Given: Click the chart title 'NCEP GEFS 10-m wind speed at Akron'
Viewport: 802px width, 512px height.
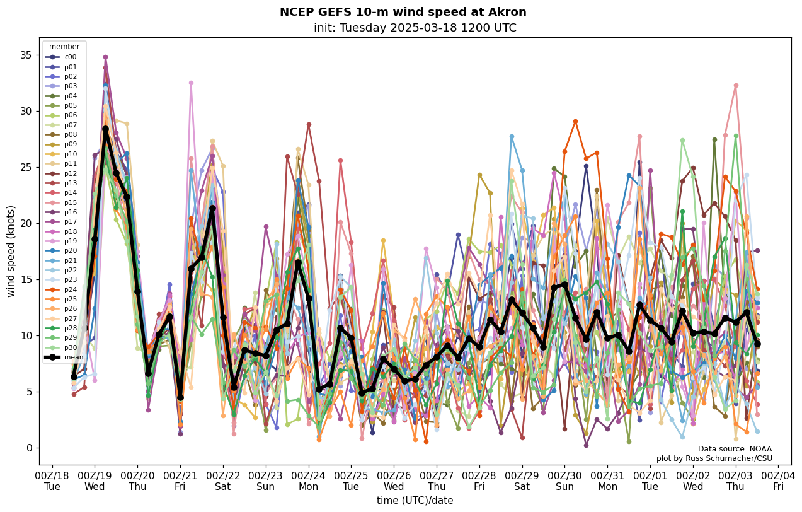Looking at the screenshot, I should [403, 12].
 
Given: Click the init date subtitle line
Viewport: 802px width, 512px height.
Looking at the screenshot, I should [415, 28].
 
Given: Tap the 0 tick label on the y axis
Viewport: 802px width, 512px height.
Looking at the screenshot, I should [28, 448].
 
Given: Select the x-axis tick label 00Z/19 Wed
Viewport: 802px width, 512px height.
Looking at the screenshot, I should [95, 480].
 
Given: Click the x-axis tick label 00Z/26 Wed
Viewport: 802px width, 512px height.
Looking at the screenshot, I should [394, 480].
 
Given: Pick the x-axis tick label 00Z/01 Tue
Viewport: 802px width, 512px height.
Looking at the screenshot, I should [650, 480].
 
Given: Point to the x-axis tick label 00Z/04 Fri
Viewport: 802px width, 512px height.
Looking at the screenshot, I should [779, 480].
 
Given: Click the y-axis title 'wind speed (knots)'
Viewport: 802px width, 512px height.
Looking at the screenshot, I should [11, 251].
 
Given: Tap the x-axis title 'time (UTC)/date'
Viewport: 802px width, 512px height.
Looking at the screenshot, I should [415, 501].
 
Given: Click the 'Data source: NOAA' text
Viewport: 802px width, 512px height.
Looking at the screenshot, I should [735, 449].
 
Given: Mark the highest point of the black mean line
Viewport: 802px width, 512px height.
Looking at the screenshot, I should [105, 129].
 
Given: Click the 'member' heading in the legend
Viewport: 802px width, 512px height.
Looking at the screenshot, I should [64, 47].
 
